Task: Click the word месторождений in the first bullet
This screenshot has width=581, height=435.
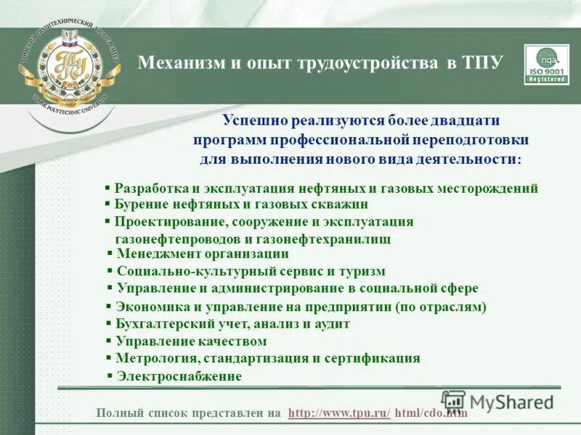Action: pos(487,188)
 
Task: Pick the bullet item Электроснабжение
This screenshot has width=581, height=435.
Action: pos(179,376)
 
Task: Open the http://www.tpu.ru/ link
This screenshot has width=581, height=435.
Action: pos(339,413)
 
